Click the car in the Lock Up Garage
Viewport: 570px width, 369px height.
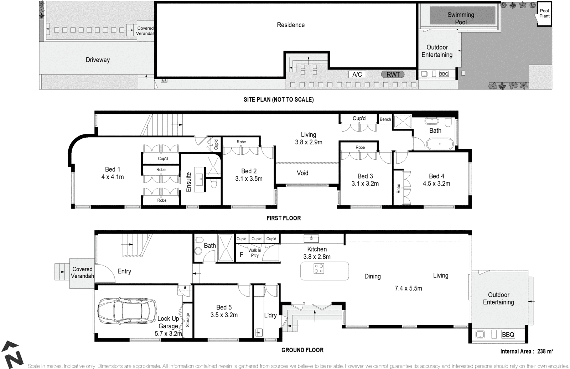click(x=126, y=311)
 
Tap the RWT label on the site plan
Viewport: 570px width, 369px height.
click(x=393, y=75)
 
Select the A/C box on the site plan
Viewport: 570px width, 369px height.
click(x=357, y=75)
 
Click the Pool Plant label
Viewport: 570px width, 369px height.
click(x=544, y=14)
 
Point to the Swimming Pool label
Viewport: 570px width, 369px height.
click(x=461, y=18)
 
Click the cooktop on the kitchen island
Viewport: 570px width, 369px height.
click(x=319, y=268)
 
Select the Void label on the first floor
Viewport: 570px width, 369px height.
click(x=302, y=173)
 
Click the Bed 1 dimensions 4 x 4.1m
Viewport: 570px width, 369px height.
click(x=112, y=177)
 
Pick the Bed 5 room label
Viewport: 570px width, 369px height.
click(x=224, y=307)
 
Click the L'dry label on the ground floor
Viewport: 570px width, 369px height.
click(x=270, y=315)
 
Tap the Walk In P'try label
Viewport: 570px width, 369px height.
click(x=255, y=253)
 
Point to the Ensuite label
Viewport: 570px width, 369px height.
click(x=189, y=182)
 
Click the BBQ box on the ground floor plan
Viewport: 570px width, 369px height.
click(x=508, y=335)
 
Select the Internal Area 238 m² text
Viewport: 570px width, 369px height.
click(x=527, y=351)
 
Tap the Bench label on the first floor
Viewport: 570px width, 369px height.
click(x=385, y=119)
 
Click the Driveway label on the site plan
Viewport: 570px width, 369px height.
click(x=98, y=60)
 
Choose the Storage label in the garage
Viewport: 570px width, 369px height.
click(x=188, y=320)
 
